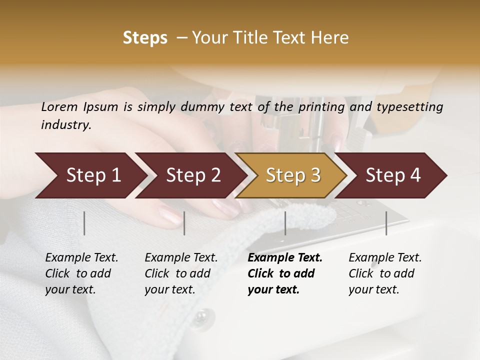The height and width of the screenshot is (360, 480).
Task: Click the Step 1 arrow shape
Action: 90,175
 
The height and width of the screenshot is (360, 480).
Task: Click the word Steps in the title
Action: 145,38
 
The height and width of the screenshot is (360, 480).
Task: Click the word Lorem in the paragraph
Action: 59,106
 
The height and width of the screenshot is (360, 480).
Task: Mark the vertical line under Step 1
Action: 84,223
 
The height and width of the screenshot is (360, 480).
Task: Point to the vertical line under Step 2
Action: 184,223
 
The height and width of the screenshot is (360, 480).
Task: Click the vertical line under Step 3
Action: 285,223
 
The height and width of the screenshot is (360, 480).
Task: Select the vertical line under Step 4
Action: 386,223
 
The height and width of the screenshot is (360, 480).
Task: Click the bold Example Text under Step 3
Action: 285,257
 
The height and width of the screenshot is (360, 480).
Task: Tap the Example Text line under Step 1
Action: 81,257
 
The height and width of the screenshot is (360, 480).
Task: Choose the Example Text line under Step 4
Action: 385,257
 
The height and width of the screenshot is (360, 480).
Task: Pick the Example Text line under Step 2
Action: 181,257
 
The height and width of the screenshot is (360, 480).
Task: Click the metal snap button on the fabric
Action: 201,316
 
